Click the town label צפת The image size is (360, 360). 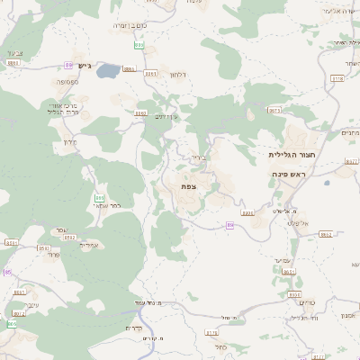(x=188, y=186)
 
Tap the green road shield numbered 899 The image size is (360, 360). (x=139, y=44)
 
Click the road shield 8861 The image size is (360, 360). (x=129, y=68)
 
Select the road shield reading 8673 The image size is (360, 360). (x=274, y=111)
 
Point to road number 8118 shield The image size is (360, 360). (x=337, y=79)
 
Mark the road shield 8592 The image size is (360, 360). (x=43, y=248)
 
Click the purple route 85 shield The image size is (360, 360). (x=7, y=272)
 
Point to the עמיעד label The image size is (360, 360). (x=283, y=259)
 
